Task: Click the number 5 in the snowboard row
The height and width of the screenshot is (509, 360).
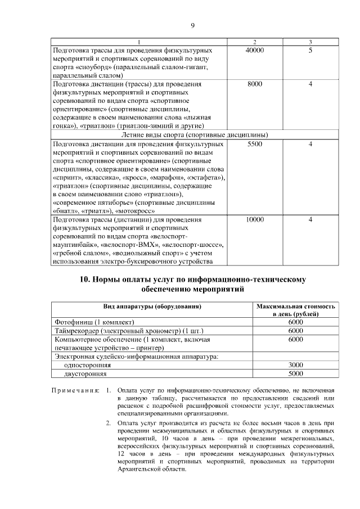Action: tap(310, 51)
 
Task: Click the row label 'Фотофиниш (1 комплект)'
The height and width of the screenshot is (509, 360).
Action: tap(94, 322)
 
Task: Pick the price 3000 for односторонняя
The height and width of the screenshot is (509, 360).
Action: tap(295, 364)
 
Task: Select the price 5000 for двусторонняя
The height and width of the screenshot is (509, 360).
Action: tap(295, 373)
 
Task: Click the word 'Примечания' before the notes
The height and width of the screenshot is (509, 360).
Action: tap(75, 390)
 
